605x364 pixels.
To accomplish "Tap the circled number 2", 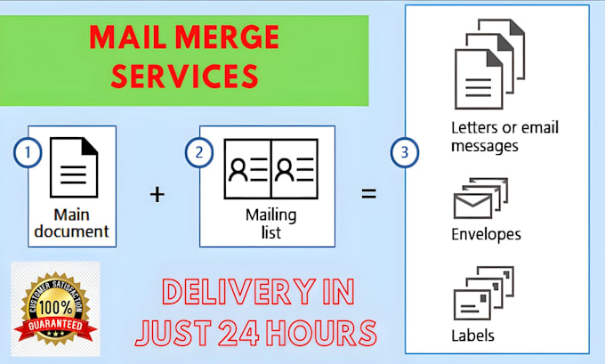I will tap(197, 153).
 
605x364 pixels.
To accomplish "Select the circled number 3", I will tap(404, 153).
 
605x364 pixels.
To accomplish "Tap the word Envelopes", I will tap(487, 235).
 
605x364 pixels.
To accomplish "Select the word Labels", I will tap(472, 336).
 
